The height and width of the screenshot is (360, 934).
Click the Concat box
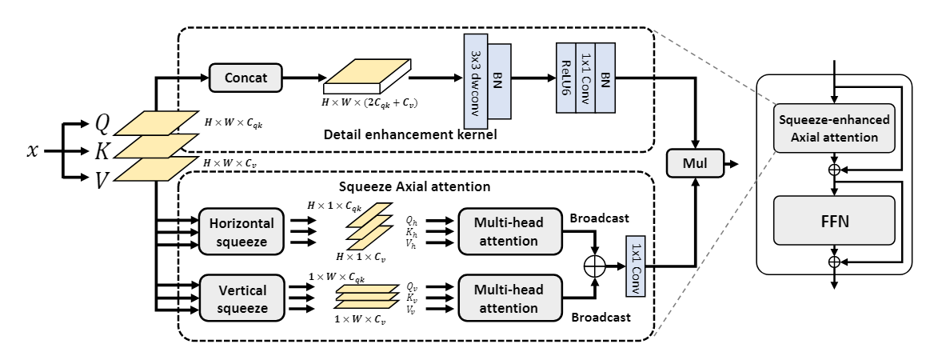246,78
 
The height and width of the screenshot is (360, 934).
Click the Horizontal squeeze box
241,231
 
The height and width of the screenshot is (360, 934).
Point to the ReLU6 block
565,80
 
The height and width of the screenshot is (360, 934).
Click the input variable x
33,150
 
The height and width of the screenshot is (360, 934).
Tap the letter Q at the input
102,122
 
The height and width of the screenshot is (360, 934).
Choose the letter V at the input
102,180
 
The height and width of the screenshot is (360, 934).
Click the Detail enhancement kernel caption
410,135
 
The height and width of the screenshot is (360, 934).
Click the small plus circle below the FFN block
834,262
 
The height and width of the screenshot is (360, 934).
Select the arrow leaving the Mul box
730,164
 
